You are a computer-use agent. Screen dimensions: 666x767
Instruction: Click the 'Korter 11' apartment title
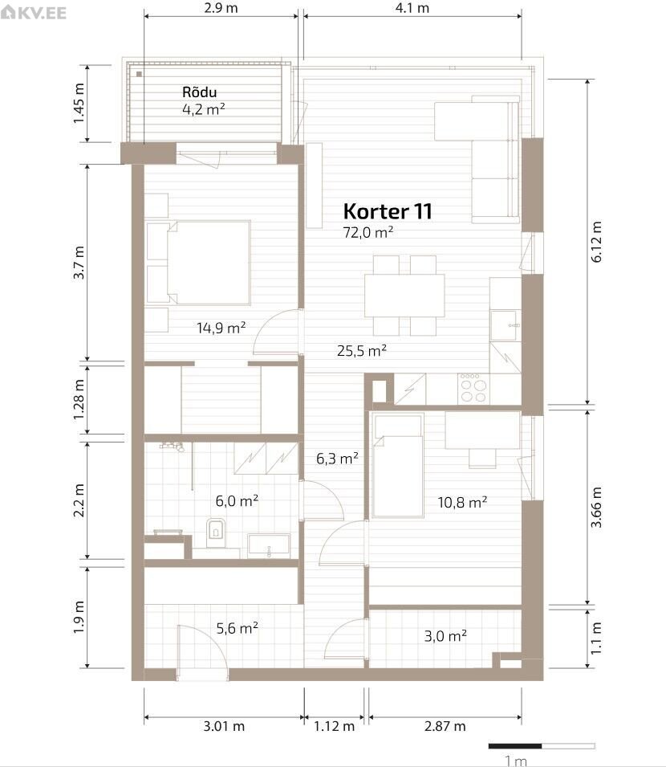(x=388, y=211)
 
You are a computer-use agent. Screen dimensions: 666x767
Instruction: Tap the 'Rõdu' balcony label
(x=199, y=92)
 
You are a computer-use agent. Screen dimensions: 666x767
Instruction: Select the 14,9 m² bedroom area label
(x=221, y=328)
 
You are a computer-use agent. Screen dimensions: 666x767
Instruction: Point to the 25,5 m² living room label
(x=362, y=351)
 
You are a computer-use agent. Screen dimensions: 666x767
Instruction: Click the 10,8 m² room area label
(x=462, y=503)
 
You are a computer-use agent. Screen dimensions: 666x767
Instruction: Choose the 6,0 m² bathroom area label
(x=237, y=501)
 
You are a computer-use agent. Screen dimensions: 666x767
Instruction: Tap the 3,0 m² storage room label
(x=445, y=636)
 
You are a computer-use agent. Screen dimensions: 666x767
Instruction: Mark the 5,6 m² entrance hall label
(x=237, y=627)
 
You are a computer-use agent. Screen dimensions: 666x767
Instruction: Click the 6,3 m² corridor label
(x=337, y=459)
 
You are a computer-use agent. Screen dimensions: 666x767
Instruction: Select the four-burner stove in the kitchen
(x=473, y=389)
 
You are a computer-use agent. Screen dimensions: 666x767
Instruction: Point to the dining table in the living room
(x=404, y=296)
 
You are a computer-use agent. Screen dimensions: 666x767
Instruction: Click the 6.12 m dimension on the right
(x=597, y=242)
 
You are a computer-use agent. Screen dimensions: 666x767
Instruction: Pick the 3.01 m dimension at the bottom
(x=224, y=726)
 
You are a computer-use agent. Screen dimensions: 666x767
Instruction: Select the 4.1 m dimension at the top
(x=412, y=8)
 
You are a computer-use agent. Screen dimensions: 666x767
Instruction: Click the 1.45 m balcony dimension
(x=78, y=104)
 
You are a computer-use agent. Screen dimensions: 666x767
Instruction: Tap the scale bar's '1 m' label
(x=515, y=761)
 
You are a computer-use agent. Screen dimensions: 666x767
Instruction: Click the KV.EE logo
(x=33, y=12)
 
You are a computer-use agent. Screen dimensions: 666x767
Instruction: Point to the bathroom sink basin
(x=268, y=545)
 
